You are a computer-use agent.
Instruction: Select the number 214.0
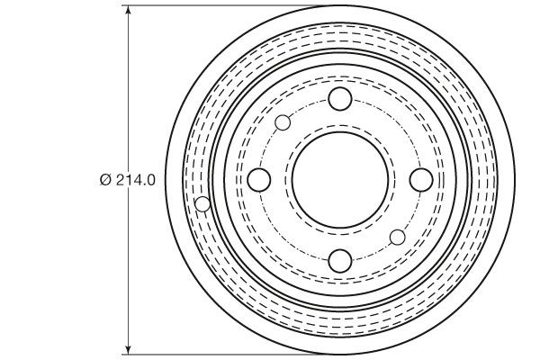[x=135, y=180]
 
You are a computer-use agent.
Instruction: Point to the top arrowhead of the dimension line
[x=130, y=11]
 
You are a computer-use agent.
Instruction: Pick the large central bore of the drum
[x=339, y=180]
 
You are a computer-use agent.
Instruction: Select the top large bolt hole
[x=339, y=99]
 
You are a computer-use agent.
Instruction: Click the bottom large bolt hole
[x=339, y=261]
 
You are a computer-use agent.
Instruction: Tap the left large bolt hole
[x=258, y=180]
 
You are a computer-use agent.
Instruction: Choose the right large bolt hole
[x=420, y=180]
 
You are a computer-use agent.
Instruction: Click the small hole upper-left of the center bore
[x=283, y=123]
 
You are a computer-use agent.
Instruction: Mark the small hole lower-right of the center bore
[x=397, y=237]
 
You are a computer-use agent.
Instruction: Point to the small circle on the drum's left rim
[x=203, y=204]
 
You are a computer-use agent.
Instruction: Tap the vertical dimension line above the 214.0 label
[x=130, y=90]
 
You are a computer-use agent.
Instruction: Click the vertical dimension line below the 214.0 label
[x=130, y=270]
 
